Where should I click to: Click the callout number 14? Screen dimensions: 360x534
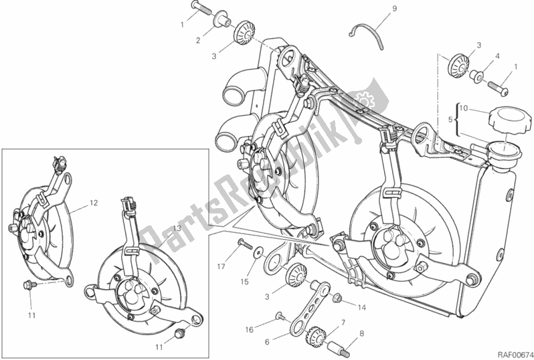[362, 308]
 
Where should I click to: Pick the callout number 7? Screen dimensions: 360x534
[342, 323]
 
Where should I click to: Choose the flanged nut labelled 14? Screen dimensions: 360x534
[337, 297]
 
